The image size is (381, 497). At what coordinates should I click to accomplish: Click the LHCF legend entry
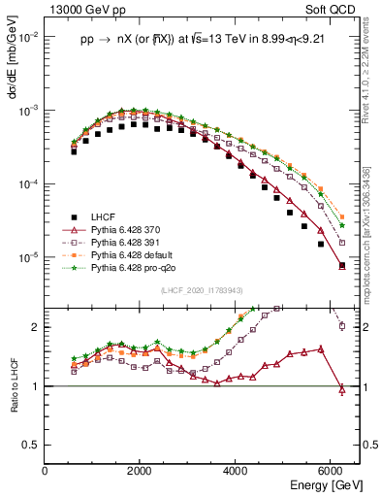(105, 215)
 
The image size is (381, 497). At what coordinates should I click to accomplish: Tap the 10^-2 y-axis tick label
(27, 37)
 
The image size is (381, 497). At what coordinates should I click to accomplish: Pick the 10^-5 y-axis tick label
(27, 257)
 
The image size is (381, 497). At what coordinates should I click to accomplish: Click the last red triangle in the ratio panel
(341, 389)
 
